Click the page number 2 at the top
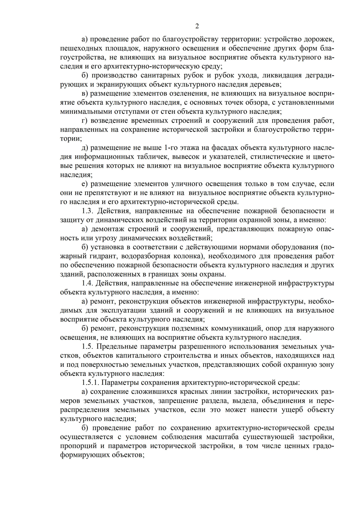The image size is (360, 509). (x=197, y=26)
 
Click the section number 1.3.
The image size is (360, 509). (x=87, y=211)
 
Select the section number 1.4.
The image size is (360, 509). (x=87, y=283)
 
